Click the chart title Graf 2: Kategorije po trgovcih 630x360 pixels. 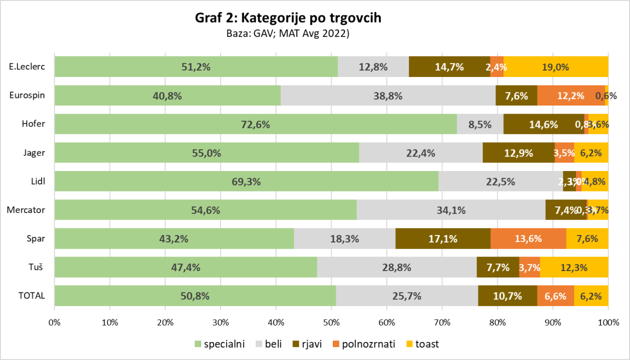(x=288, y=18)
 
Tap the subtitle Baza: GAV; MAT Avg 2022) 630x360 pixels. (x=288, y=34)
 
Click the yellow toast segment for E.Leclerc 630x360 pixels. (x=555, y=66)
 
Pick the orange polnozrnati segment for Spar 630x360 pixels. (x=528, y=238)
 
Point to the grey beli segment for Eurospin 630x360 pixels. (x=388, y=95)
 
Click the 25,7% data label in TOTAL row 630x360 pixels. (x=406, y=295)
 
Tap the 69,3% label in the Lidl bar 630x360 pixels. (x=246, y=181)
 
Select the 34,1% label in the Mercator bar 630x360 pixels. (x=450, y=210)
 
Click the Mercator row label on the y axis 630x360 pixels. (x=26, y=210)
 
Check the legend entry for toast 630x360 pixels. (x=423, y=344)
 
